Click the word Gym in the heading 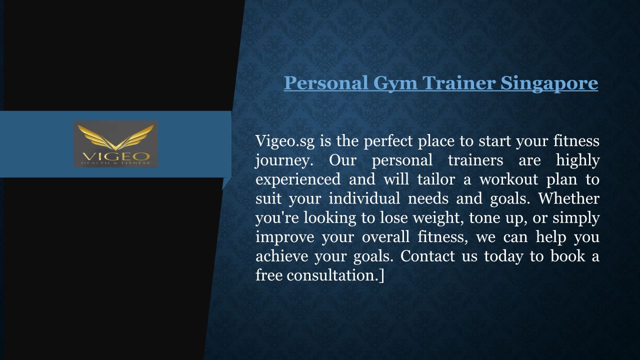click(395, 83)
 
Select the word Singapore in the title click(549, 83)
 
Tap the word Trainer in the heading click(459, 83)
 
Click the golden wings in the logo click(115, 137)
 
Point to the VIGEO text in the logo click(115, 156)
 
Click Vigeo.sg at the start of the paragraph click(285, 141)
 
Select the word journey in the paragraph click(282, 161)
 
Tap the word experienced click(298, 180)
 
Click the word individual click(364, 198)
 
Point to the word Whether click(568, 198)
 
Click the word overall click(385, 237)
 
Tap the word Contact click(427, 256)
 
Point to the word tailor click(436, 179)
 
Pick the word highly click(577, 161)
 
